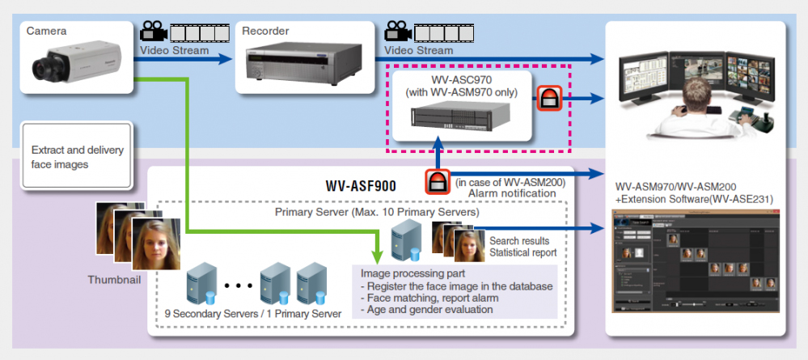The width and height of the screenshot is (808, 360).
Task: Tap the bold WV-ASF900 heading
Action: coord(361,186)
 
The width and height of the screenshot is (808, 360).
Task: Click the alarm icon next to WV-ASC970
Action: coord(548,99)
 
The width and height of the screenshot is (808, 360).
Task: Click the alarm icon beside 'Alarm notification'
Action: coord(438,181)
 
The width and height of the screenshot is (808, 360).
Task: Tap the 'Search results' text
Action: coord(519,240)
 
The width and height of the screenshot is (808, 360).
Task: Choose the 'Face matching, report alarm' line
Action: coord(429,298)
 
